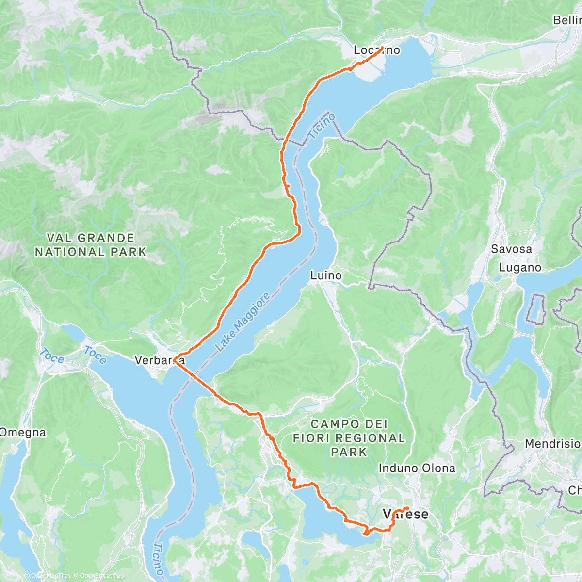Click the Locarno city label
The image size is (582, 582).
(376, 50)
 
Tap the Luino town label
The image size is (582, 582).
(326, 275)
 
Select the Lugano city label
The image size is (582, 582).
(520, 268)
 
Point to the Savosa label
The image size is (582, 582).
(511, 249)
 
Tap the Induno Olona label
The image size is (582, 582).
(417, 468)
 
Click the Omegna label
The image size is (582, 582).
(23, 432)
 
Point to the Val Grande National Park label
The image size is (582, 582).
(90, 245)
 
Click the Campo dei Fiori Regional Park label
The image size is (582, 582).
(349, 438)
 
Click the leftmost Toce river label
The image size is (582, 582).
(52, 356)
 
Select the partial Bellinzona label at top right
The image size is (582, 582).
(567, 20)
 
